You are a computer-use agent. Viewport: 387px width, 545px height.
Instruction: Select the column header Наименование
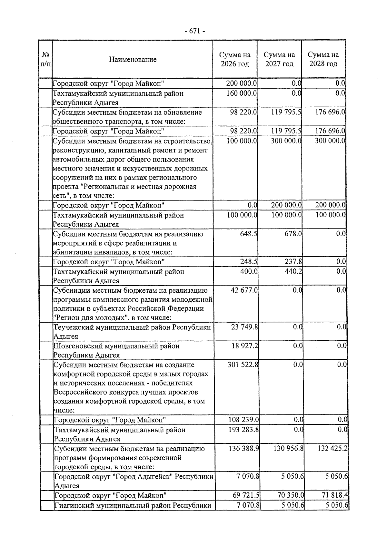133,59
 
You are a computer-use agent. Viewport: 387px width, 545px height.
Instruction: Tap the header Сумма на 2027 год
279,59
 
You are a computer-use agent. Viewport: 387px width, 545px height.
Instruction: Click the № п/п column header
45,59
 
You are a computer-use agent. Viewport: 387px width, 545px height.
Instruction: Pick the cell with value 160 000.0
242,93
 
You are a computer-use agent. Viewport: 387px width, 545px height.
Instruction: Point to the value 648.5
248,234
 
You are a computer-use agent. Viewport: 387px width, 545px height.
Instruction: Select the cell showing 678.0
293,234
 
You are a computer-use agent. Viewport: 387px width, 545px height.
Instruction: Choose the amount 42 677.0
244,290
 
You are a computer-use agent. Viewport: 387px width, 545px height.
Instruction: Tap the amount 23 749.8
244,327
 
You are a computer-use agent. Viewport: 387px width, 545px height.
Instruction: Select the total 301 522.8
243,365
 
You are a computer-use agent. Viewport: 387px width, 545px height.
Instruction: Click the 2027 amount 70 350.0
291,495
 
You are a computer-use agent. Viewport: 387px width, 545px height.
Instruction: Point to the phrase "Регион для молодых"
89,318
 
